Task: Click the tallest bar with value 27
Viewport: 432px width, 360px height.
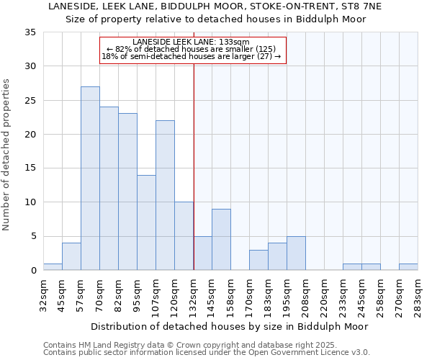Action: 90,179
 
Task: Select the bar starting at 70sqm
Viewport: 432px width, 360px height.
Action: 109,189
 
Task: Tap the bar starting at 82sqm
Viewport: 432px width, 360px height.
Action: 127,192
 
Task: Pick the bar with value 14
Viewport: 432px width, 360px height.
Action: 146,222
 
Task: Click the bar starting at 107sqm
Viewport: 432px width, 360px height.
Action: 165,195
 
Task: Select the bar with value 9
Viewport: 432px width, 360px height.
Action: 221,240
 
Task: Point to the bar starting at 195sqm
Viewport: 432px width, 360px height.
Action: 296,253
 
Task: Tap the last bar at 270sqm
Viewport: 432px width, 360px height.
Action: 408,267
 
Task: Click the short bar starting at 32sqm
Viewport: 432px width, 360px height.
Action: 53,267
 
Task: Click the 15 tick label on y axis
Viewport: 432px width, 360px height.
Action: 30,168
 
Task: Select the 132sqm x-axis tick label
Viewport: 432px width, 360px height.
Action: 193,294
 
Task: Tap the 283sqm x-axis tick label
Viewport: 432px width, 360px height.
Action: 418,294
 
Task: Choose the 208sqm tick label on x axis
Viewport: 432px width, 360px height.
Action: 305,294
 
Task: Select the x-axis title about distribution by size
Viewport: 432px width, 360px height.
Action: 230,326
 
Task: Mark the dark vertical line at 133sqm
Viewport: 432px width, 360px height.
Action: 194,166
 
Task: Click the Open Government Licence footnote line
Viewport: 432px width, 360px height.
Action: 207,353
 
